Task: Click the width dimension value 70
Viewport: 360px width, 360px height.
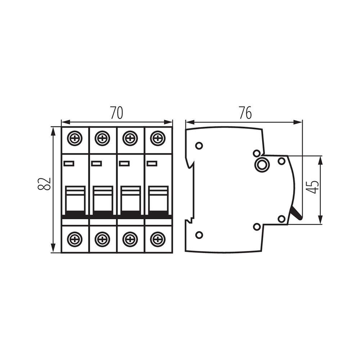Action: click(117, 113)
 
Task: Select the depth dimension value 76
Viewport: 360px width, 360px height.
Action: click(245, 113)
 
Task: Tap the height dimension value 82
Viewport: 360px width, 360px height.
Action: click(44, 184)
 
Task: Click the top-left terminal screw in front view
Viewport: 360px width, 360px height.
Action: click(75, 139)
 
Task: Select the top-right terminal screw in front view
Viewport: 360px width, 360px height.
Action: click(158, 139)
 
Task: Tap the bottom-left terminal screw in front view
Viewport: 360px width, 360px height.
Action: click(75, 239)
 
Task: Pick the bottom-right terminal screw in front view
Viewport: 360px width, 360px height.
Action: click(158, 239)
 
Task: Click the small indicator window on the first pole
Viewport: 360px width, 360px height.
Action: click(69, 163)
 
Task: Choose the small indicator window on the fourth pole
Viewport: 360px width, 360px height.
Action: click(152, 163)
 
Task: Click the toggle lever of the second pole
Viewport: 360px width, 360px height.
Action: click(103, 200)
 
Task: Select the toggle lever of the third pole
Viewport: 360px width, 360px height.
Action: click(131, 200)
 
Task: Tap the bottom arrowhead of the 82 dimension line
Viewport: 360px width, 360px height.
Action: click(53, 248)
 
